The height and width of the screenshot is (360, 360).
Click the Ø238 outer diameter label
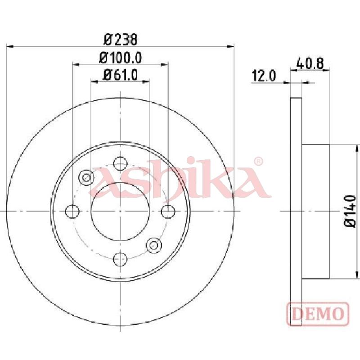point(120,40)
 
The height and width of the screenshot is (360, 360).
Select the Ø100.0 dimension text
point(120,58)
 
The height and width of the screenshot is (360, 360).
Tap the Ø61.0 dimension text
point(120,75)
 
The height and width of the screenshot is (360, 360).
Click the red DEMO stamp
point(318,314)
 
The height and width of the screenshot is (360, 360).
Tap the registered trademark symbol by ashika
point(258,162)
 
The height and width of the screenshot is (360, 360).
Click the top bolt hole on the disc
point(120,163)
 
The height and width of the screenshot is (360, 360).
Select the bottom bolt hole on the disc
point(120,259)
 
